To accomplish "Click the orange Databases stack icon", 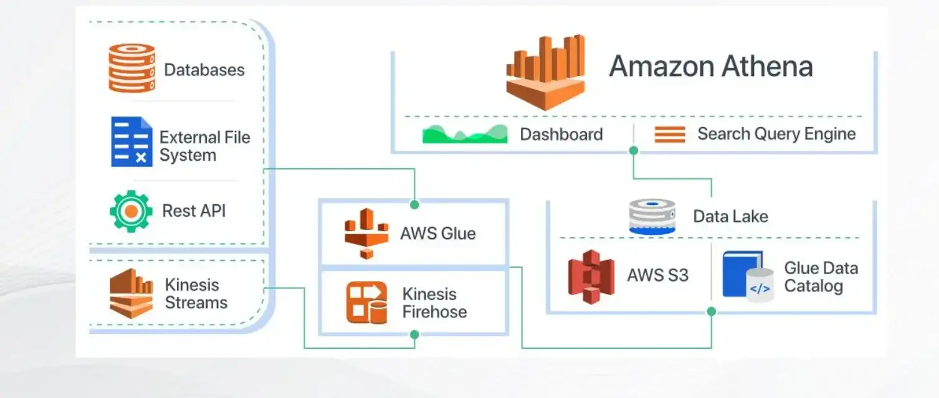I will (131, 68).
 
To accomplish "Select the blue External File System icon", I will (131, 142).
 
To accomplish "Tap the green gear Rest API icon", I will (131, 211).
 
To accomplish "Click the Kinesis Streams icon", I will (131, 293).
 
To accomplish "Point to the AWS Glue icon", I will (366, 234).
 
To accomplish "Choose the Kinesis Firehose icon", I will (366, 303).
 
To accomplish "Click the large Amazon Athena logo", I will (546, 72).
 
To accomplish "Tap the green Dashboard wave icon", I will (465, 135).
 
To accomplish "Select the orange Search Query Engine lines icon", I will (670, 135).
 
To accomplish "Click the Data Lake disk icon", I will (652, 217).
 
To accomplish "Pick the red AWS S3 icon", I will (591, 276).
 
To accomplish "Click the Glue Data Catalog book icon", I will (747, 277).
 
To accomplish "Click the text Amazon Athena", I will (710, 67).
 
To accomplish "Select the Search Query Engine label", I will (776, 134).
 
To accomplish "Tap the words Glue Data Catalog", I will (820, 277).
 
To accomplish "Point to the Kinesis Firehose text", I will (434, 303).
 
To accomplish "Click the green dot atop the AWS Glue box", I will (414, 204).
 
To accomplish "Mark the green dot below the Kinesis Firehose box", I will (414, 334).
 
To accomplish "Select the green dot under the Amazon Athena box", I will (634, 151).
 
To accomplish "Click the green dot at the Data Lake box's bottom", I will (712, 311).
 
